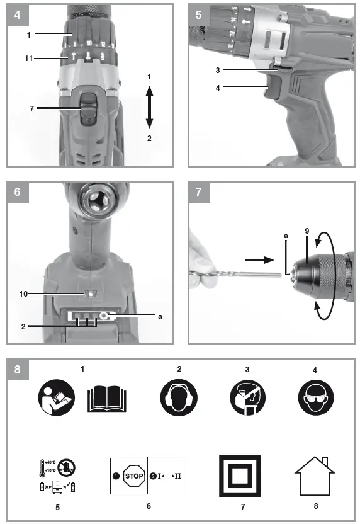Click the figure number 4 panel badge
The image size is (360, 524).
[14, 14]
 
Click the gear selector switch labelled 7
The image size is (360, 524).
[89, 108]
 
